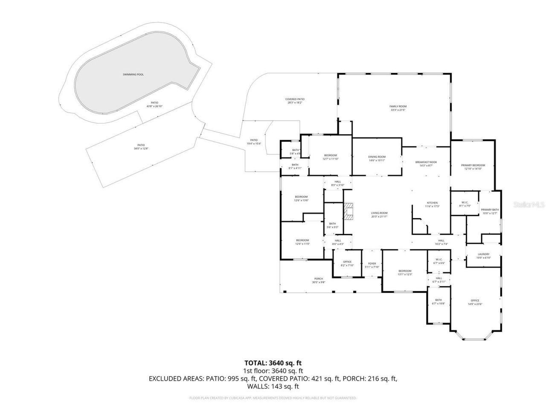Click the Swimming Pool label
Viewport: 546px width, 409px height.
[133, 75]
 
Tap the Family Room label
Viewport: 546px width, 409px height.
[398, 106]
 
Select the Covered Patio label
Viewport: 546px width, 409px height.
[295, 99]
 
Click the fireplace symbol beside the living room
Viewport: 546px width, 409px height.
[350, 211]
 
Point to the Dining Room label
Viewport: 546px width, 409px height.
[377, 157]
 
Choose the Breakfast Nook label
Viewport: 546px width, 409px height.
[426, 162]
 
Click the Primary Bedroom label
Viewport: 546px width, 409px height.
[473, 165]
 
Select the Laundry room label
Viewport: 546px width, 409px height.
[483, 254]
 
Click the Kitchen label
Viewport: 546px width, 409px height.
[432, 203]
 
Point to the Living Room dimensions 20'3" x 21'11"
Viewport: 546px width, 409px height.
[379, 216]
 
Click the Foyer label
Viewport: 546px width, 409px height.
[372, 264]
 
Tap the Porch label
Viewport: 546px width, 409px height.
[319, 279]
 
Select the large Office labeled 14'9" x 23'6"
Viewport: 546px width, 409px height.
[475, 300]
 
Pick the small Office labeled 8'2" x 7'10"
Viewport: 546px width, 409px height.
[347, 262]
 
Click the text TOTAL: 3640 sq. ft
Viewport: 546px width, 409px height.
[273, 363]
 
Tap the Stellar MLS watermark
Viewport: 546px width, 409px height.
[529, 204]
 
